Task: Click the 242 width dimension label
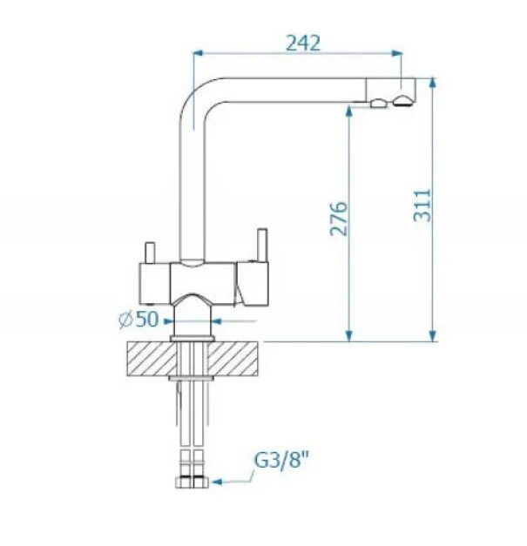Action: coord(302,44)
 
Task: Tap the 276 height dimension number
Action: coord(339,219)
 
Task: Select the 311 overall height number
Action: coord(422,206)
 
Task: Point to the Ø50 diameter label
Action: coord(139,319)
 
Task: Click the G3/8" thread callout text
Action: coord(281,461)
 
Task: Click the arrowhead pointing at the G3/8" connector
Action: coord(217,482)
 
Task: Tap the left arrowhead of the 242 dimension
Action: coord(198,53)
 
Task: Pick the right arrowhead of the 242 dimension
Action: coord(396,53)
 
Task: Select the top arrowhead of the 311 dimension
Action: coord(432,83)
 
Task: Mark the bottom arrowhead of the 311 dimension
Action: coord(432,336)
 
